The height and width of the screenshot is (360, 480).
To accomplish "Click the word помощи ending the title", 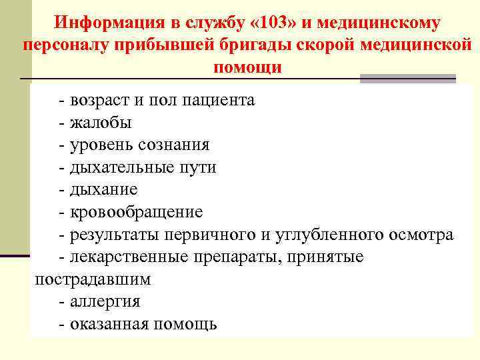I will pyautogui.click(x=248, y=67).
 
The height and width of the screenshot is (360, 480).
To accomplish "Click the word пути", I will pyautogui.click(x=195, y=167).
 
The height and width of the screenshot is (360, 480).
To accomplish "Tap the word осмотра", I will pyautogui.click(x=421, y=235).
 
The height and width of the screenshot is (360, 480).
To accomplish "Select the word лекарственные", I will pyautogui.click(x=128, y=257).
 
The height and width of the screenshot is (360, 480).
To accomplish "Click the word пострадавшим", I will pyautogui.click(x=93, y=279).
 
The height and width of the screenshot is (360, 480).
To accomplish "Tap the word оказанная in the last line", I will pyautogui.click(x=109, y=324).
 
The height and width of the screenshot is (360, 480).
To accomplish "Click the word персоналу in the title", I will pyautogui.click(x=63, y=45).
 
